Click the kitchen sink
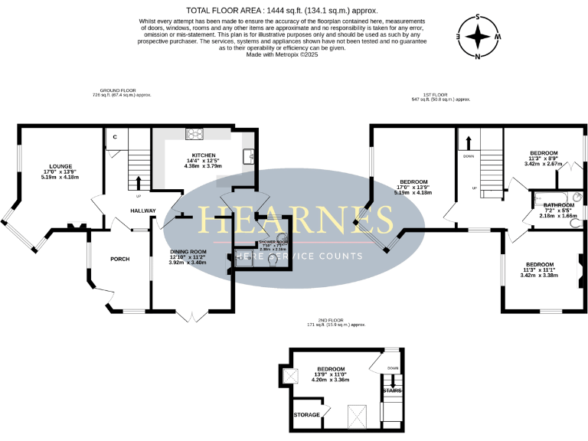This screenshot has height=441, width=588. tap(248, 157)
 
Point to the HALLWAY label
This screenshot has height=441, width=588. tap(142, 211)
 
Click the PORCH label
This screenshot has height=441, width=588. tap(120, 259)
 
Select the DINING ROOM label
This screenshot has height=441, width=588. tap(188, 252)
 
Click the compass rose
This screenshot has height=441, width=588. tap(477, 36)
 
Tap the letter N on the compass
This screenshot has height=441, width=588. tap(477, 57)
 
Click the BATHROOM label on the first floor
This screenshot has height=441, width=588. tap(558, 205)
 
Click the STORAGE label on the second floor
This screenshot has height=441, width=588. tap(306, 414)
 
